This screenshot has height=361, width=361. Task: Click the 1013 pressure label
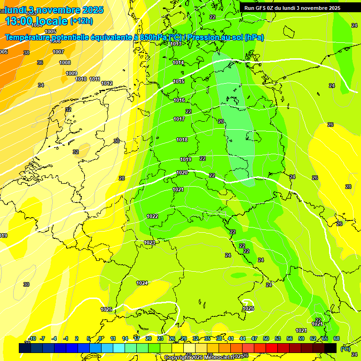pos(176,44)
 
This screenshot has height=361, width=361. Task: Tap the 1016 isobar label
pos(179,100)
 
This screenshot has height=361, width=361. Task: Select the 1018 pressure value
pos(182,140)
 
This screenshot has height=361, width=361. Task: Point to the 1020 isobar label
pos(182,173)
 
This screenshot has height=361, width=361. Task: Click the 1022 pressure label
pos(152,216)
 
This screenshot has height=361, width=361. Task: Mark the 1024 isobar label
pos(142,283)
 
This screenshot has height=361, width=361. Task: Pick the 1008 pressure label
pos(65,63)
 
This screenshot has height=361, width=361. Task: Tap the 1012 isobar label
pos(107,83)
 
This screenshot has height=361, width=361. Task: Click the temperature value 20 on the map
pos(221,121)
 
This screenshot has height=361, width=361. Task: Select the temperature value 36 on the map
pos(40,63)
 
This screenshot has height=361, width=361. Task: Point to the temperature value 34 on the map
pos(41,85)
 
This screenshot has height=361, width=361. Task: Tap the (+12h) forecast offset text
pos(81,21)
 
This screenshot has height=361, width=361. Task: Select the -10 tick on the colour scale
pos(32,338)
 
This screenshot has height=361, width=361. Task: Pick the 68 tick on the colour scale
pos(337,338)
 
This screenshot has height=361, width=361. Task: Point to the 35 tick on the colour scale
pos(207,338)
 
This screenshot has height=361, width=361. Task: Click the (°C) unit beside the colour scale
pos(345,348)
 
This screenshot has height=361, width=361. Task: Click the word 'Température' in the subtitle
pos(27,37)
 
